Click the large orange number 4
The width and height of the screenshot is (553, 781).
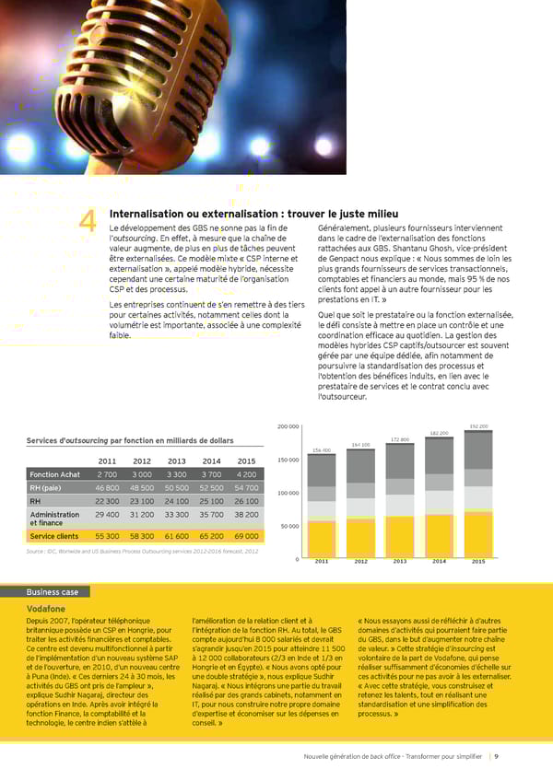coord(88,222)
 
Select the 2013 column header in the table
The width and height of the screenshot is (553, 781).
coord(176,461)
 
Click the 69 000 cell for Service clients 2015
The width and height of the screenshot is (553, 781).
coord(246,535)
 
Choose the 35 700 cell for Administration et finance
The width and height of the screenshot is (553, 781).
coord(211,515)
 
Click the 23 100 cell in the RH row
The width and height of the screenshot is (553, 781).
coord(142,500)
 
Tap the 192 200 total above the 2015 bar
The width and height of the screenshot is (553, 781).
coord(478,426)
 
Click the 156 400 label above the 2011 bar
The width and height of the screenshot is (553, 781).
coord(322,449)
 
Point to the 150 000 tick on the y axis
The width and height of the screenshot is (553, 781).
coord(288,460)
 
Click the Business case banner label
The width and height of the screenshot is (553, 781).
coord(53,592)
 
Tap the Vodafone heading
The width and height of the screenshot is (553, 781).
coord(48,609)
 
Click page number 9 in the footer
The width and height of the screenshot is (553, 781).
coord(497,756)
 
